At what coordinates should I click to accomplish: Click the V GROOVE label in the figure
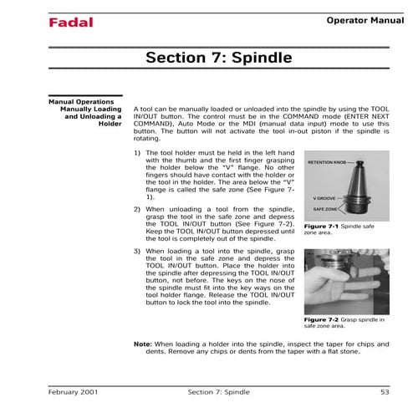point(324,197)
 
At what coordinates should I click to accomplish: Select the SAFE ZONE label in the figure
point(324,208)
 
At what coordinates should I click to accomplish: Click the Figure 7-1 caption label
point(320,227)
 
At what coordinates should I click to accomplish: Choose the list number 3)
point(138,251)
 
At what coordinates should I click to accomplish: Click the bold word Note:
point(143,344)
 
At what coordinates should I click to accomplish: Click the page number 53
point(384,391)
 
